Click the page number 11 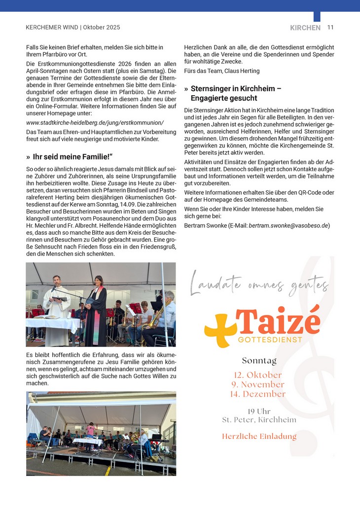click(330, 28)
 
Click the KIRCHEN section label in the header click(305, 28)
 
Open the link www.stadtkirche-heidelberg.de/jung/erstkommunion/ click(95, 122)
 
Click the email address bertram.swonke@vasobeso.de click(288, 225)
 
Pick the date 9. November click(258, 384)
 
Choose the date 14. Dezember click(258, 394)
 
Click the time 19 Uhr click(259, 411)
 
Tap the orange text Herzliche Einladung click(259, 436)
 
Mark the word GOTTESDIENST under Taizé click(270, 340)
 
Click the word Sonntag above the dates click(259, 361)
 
